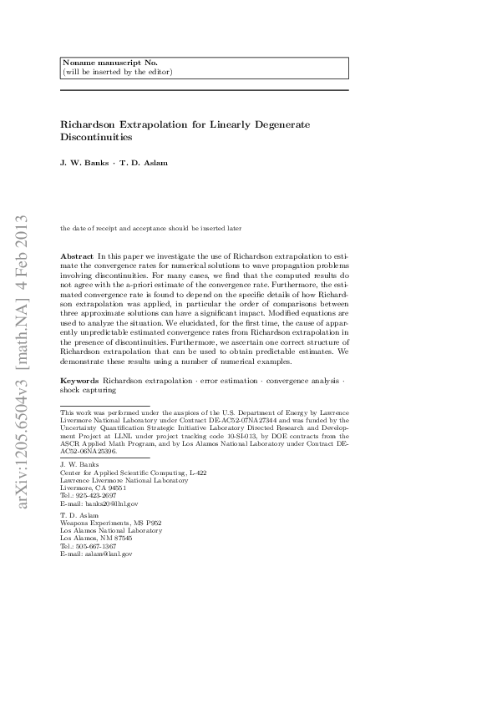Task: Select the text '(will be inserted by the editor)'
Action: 117,72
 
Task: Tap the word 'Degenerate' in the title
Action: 280,124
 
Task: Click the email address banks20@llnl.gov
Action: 108,504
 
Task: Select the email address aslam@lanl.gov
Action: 104,554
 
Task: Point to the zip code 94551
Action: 115,488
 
